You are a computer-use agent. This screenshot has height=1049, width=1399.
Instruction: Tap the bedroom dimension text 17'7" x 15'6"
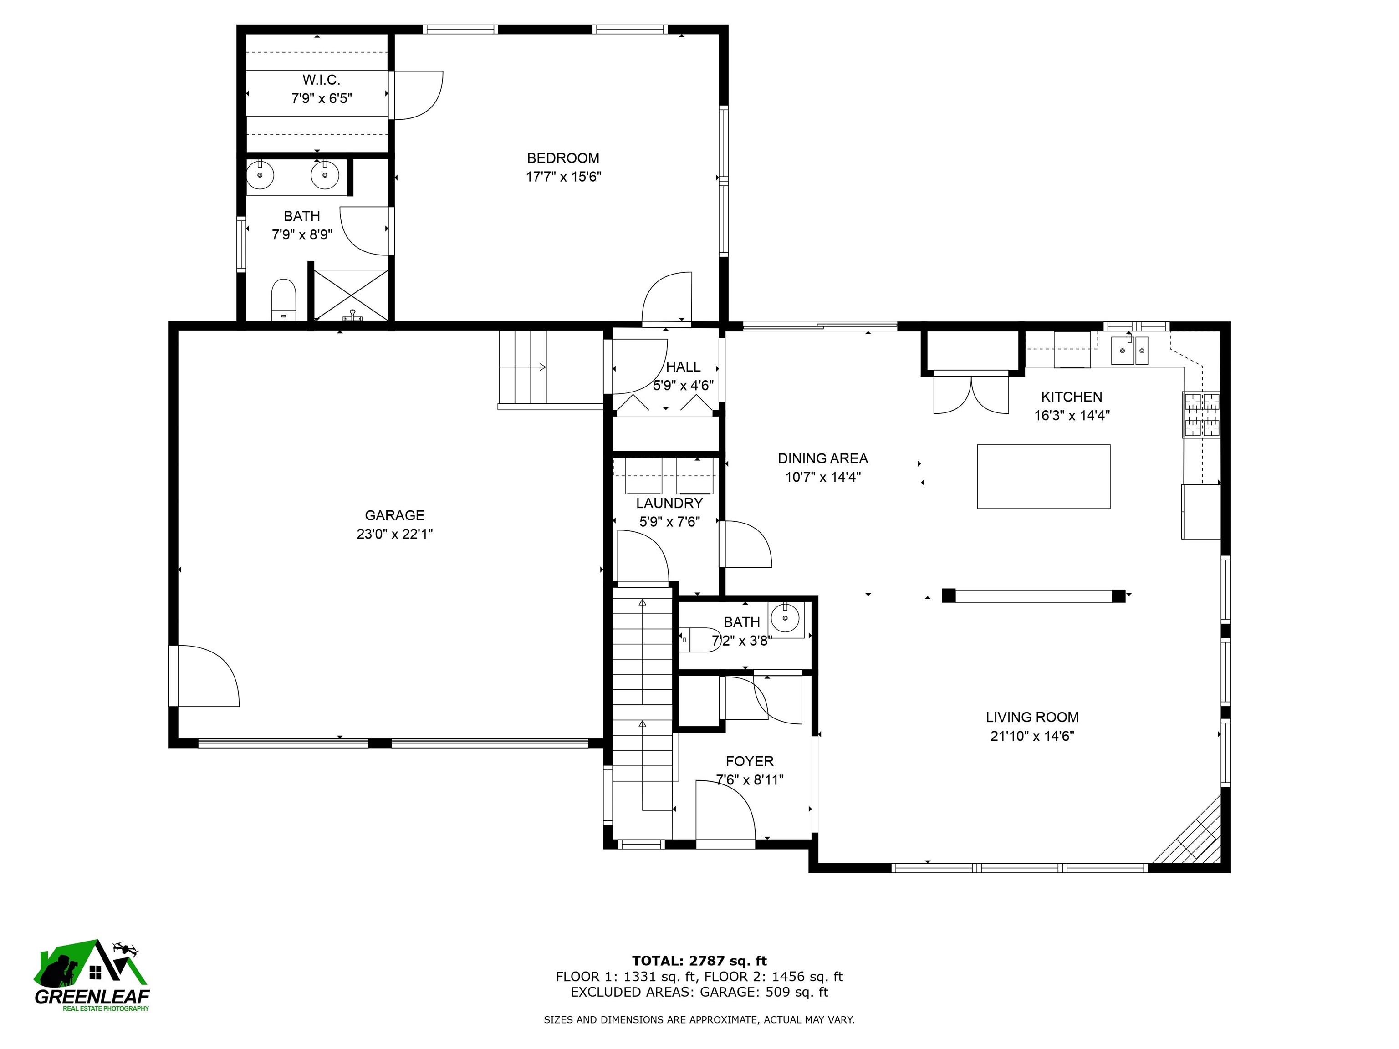[563, 176]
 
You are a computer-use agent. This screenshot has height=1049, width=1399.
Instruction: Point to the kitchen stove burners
[1201, 415]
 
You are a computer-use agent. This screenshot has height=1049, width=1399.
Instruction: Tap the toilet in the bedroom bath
[283, 300]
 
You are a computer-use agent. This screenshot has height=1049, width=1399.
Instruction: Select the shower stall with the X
[351, 295]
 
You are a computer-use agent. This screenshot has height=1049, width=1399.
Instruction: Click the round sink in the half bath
[785, 618]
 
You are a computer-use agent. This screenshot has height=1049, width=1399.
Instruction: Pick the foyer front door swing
[724, 810]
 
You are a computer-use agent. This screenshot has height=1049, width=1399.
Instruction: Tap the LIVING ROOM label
[1031, 717]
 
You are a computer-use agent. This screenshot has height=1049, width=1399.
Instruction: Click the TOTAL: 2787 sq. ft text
[699, 961]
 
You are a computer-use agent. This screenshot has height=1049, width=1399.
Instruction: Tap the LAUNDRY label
[669, 503]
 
